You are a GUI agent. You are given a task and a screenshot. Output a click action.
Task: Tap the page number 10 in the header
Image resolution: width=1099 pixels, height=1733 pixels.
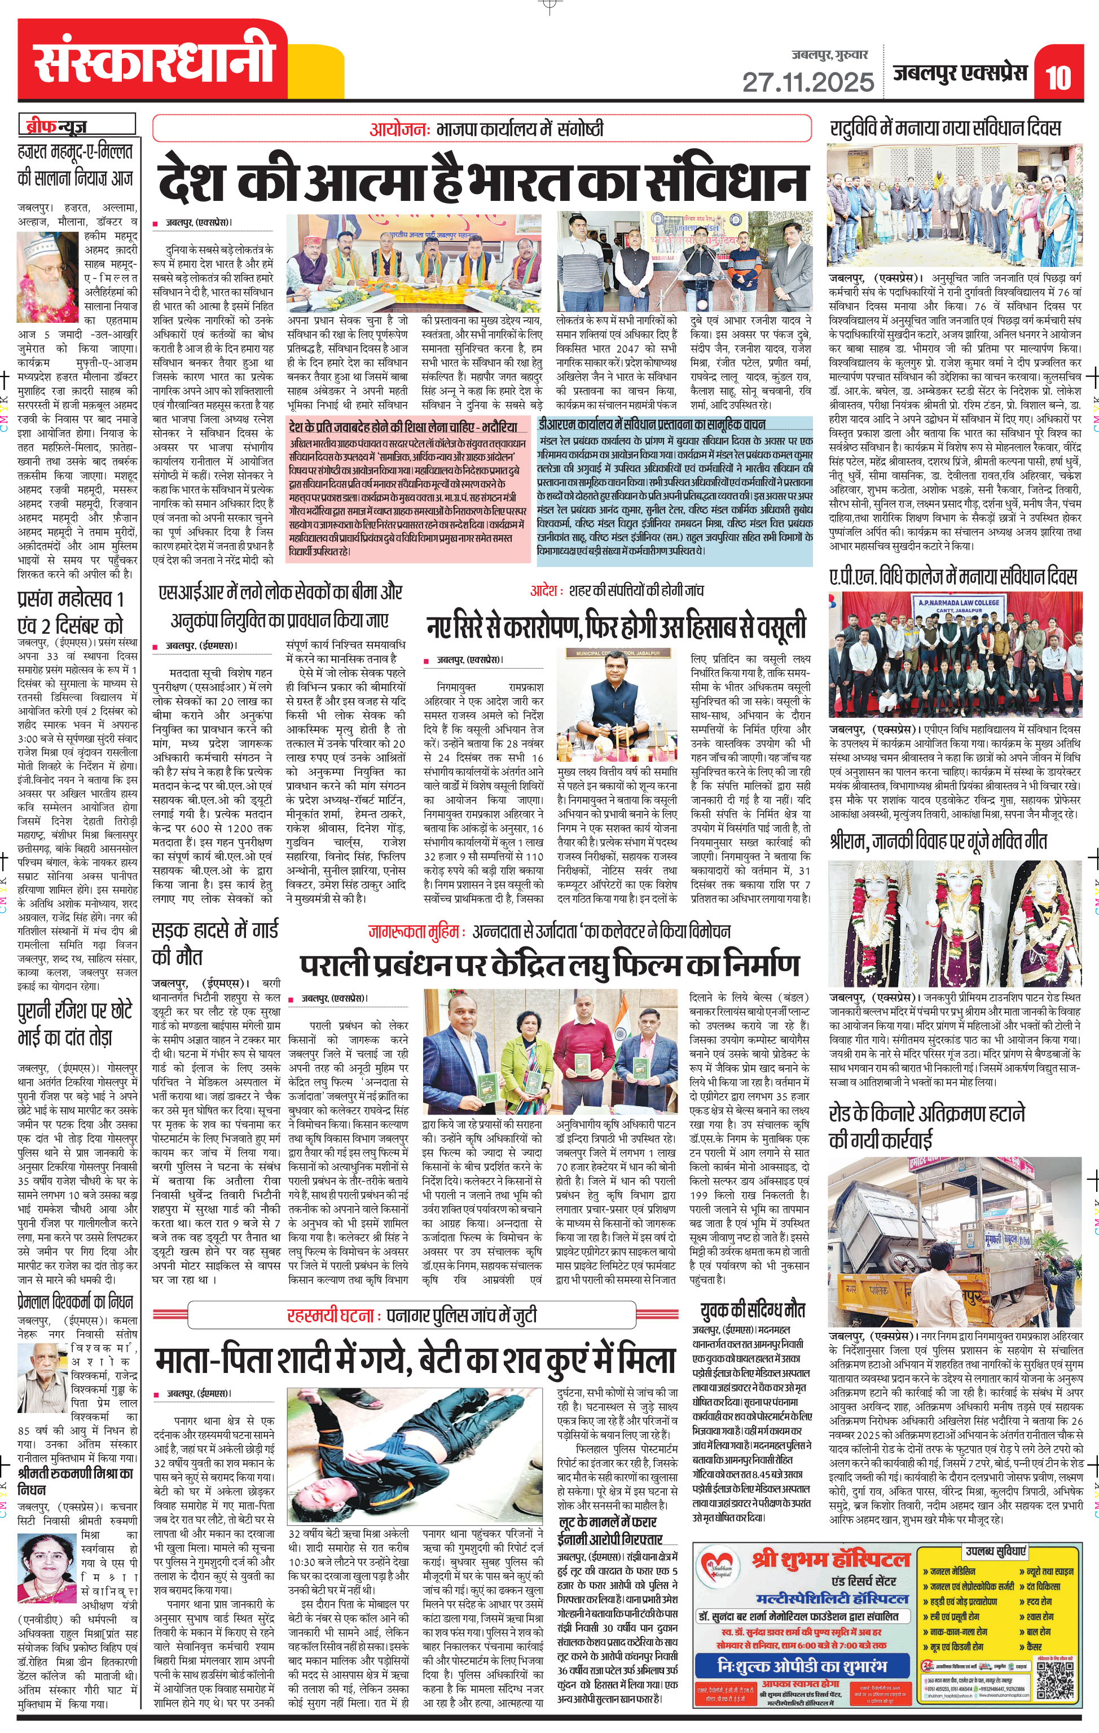click(1058, 77)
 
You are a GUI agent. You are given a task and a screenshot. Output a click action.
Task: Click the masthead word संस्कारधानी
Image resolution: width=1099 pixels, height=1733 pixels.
click(155, 60)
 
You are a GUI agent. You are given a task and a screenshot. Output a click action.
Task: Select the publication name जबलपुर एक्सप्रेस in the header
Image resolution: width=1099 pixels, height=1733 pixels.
click(960, 73)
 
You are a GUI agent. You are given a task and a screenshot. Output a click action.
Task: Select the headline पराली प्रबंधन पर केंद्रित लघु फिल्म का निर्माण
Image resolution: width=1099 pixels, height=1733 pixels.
click(549, 964)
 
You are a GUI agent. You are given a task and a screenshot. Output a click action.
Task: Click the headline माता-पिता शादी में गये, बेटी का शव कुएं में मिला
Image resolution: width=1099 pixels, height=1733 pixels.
click(415, 1359)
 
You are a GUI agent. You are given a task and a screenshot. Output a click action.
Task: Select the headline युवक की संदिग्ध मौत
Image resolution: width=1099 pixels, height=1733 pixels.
click(751, 1310)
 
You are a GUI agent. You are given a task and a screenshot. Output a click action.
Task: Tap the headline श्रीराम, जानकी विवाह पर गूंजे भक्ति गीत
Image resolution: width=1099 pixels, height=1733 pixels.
click(938, 841)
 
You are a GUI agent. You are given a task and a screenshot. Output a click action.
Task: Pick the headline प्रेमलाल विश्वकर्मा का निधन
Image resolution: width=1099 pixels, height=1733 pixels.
click(75, 1301)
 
